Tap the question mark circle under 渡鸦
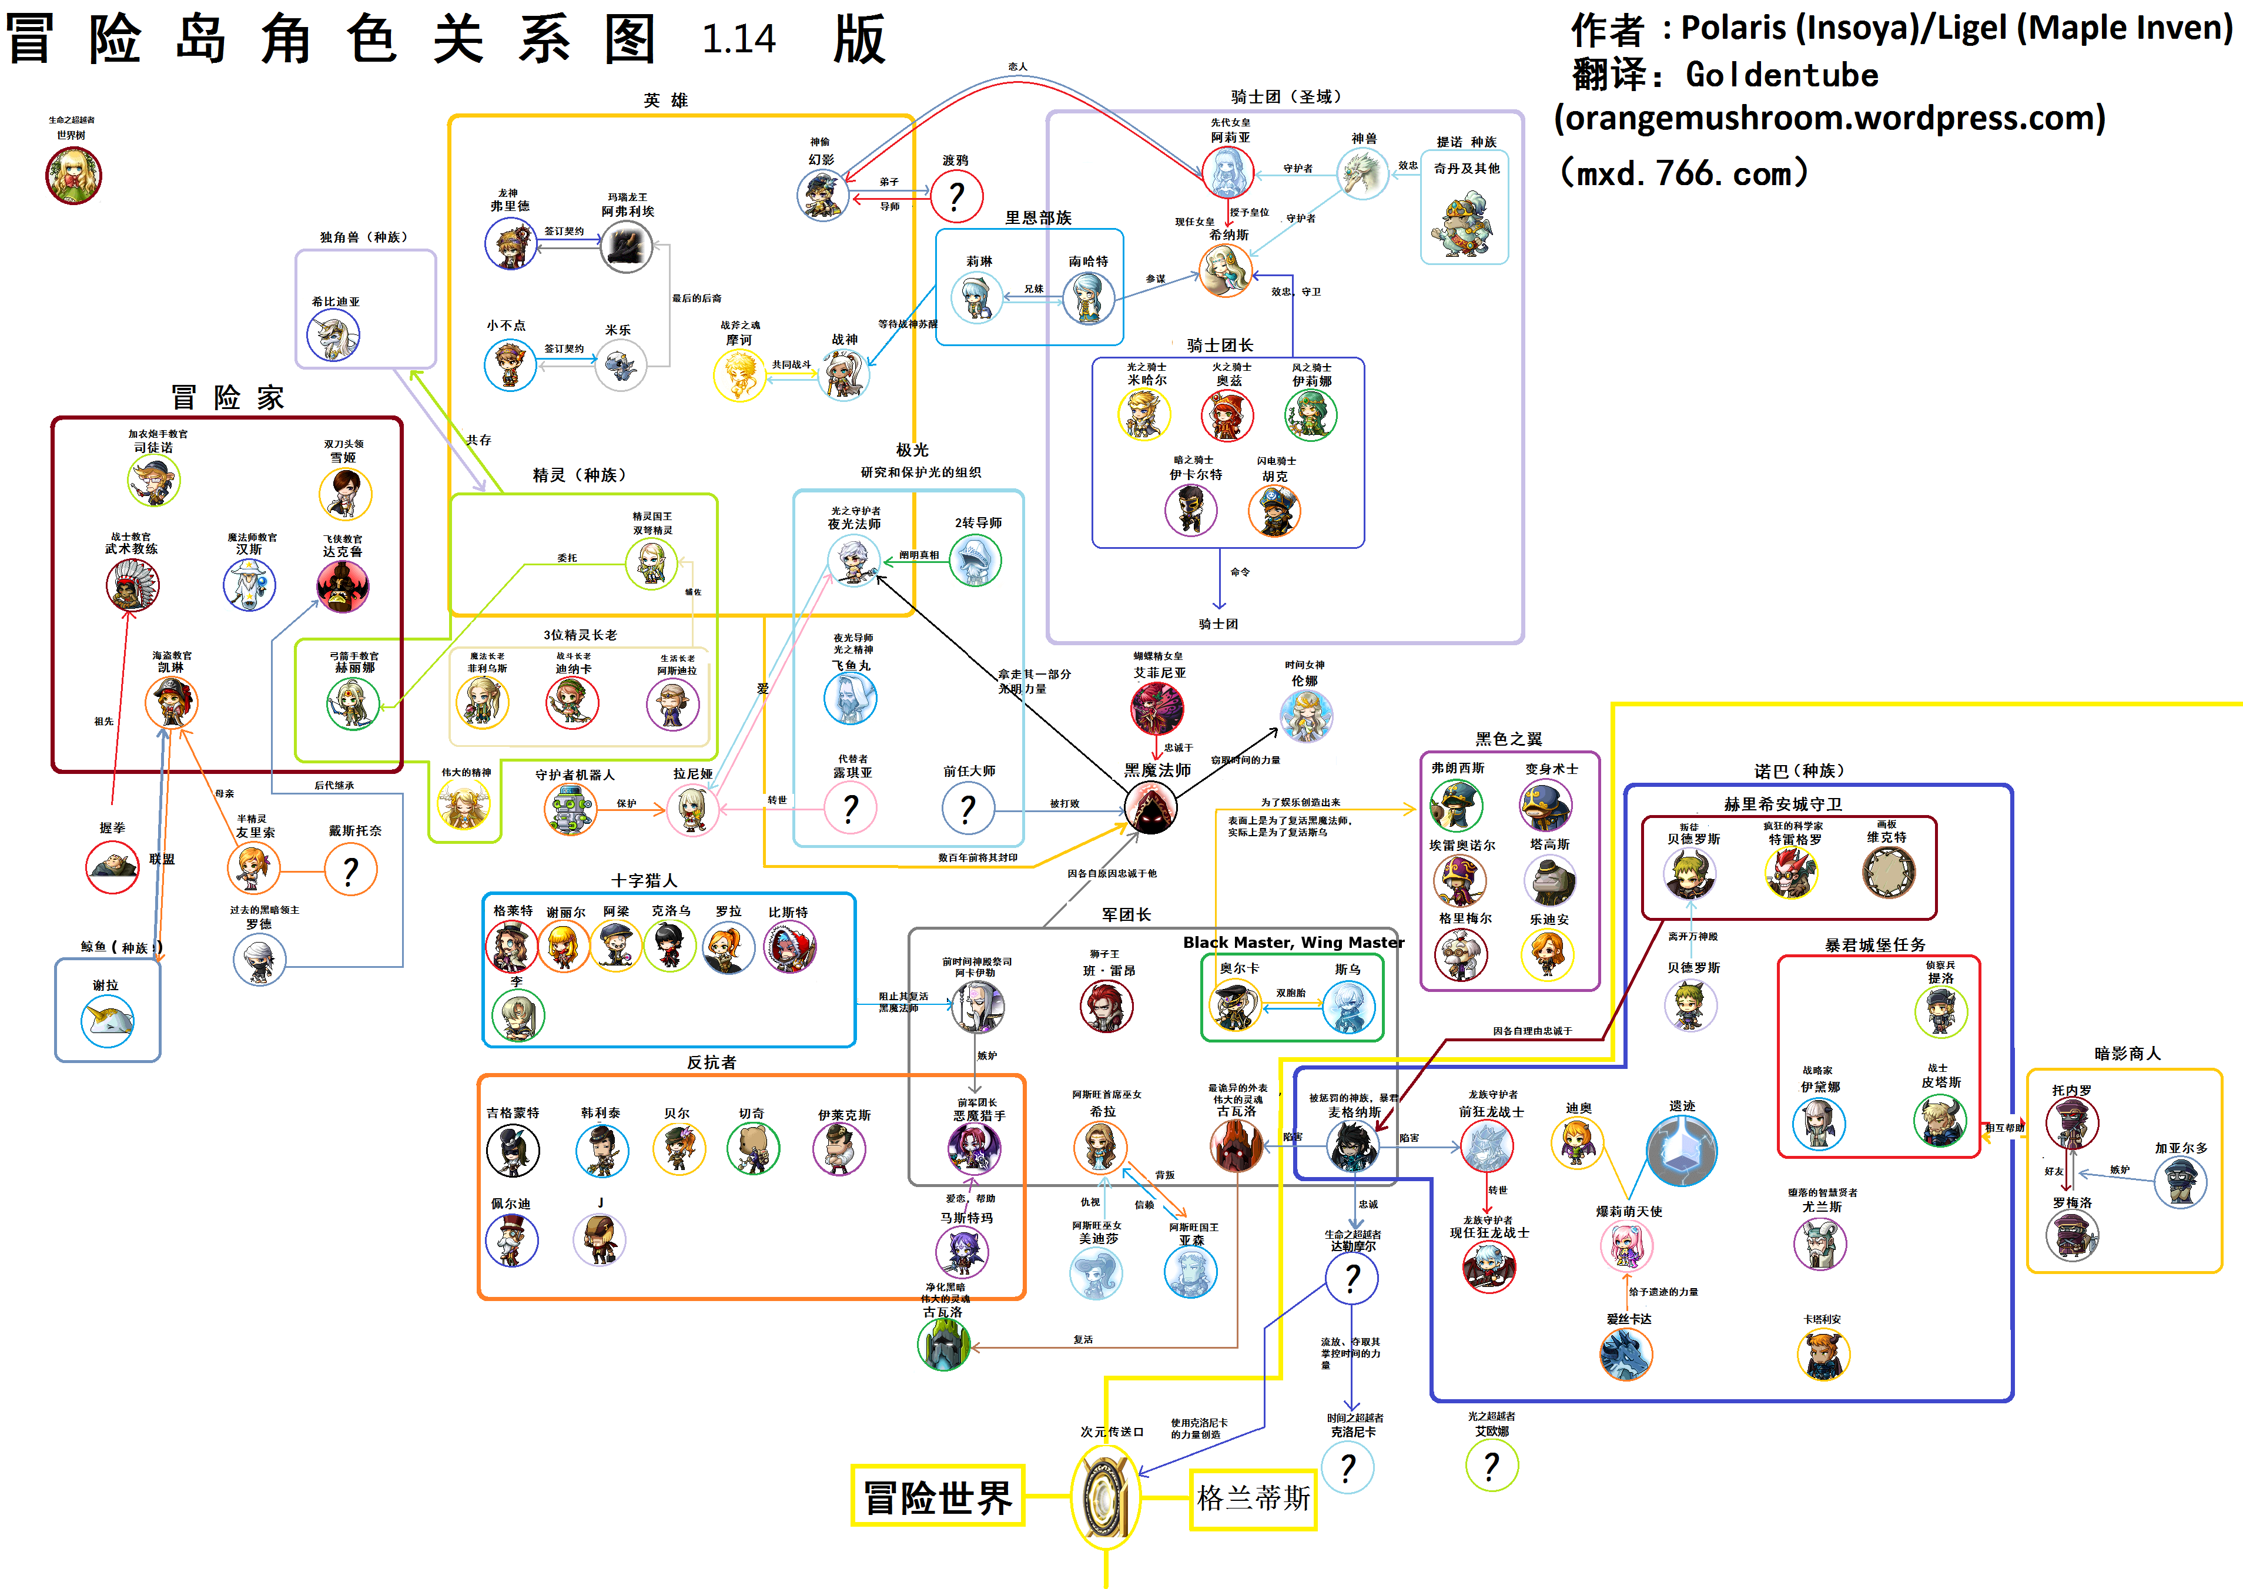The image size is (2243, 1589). pyautogui.click(x=956, y=197)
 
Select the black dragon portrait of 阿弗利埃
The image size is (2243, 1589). pyautogui.click(x=625, y=247)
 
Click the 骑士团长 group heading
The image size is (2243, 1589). pyautogui.click(x=1219, y=346)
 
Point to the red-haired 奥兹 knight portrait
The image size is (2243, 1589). pyautogui.click(x=1227, y=415)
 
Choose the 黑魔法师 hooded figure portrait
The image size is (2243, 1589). pyautogui.click(x=1151, y=807)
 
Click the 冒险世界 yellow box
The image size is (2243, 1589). pyautogui.click(x=938, y=1496)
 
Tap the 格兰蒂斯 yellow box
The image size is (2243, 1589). pyautogui.click(x=1253, y=1498)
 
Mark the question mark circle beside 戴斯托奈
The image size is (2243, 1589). pyautogui.click(x=350, y=870)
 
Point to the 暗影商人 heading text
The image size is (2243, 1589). pyautogui.click(x=2127, y=1054)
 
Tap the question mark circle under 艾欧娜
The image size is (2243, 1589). pyautogui.click(x=1491, y=1466)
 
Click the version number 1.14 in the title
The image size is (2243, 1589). pyautogui.click(x=739, y=39)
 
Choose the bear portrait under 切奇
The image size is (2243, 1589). pyautogui.click(x=752, y=1149)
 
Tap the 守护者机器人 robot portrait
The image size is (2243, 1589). pyautogui.click(x=571, y=809)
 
